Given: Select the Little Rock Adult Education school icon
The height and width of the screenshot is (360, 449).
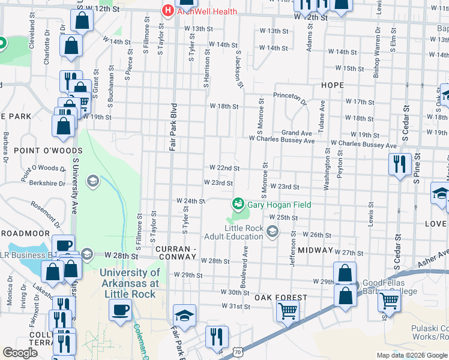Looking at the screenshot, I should click(x=273, y=232).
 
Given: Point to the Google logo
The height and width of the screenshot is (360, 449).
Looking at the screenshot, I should click(x=20, y=353).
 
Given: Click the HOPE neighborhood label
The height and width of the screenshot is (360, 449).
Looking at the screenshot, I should click(x=332, y=85).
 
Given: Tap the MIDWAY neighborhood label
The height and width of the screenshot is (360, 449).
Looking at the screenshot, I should click(x=315, y=250).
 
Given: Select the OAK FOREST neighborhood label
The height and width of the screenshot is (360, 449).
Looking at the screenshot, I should click(x=280, y=298).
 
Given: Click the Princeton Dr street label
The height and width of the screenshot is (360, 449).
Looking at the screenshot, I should click(x=290, y=95).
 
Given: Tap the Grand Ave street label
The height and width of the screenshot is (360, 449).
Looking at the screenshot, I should click(x=298, y=133).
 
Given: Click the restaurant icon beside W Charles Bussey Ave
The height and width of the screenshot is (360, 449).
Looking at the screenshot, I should click(x=399, y=164).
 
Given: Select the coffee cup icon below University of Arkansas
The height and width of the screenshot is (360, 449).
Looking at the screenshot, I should click(x=121, y=310).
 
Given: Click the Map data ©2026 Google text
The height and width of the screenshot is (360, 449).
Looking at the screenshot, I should click(x=412, y=355).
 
